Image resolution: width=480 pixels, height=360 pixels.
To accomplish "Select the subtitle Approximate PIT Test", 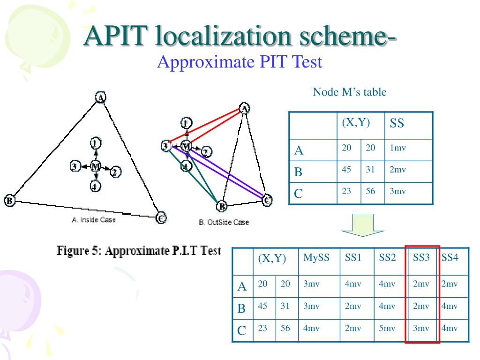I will click(240, 62).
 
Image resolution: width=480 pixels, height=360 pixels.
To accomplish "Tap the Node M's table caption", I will click(350, 92).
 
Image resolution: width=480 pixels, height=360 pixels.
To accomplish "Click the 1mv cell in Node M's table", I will click(397, 148).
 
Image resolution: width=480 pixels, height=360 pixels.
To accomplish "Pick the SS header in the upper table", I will click(397, 124).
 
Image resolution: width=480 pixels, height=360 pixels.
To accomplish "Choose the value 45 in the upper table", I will click(346, 170).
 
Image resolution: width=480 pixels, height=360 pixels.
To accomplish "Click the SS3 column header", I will click(421, 258).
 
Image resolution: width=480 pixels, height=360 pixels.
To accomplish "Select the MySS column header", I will click(316, 258).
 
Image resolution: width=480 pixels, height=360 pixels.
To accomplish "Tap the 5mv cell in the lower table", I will click(387, 328).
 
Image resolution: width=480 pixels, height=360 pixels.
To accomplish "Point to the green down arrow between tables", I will click(362, 225).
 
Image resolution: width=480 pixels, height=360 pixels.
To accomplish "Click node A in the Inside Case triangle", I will click(100, 97).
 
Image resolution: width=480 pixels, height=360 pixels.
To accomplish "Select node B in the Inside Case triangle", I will click(9, 201).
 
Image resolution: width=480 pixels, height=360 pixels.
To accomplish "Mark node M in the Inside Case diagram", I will click(96, 166).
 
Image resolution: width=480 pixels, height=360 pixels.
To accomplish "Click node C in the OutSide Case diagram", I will click(267, 200).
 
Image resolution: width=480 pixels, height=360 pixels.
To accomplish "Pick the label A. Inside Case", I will click(94, 220).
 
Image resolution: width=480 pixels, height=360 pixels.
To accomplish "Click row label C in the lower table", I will click(242, 331).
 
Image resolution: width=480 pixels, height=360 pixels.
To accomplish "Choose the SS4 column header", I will click(450, 258).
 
